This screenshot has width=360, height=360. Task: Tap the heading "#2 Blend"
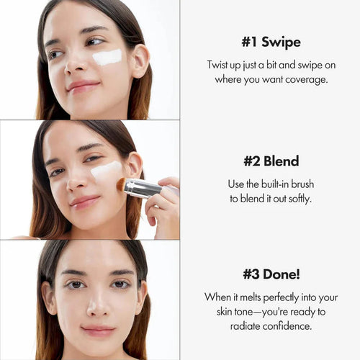[270, 161]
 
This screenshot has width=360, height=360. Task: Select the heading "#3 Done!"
[270, 274]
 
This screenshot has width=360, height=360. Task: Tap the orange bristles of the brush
[121, 184]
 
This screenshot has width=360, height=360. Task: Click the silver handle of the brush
[142, 189]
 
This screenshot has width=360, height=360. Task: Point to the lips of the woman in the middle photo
[85, 202]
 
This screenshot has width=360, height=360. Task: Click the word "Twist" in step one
[219, 64]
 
